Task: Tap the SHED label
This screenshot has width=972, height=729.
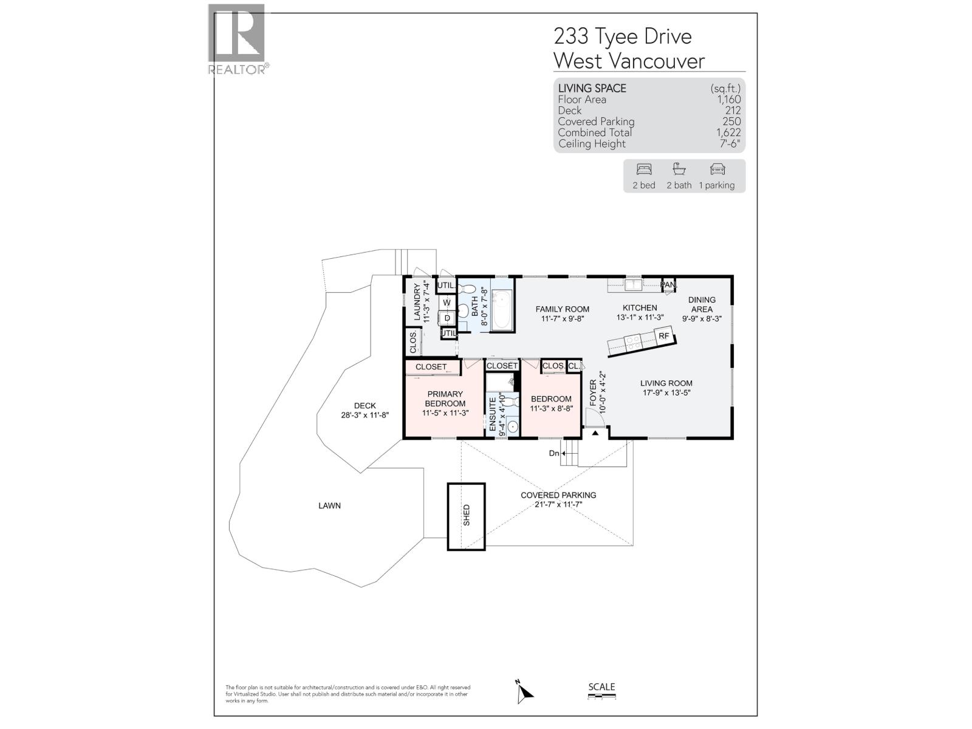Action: (467, 516)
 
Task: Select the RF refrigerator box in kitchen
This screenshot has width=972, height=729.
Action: (663, 336)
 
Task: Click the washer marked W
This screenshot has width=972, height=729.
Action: (447, 303)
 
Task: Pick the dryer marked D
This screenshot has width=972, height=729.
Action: (447, 318)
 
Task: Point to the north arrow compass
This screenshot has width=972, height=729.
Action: (524, 693)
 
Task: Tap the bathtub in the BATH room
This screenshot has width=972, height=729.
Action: (502, 310)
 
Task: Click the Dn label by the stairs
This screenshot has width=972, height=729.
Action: (554, 453)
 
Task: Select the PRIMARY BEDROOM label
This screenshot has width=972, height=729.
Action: (445, 399)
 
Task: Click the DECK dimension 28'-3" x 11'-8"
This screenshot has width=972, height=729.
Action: (364, 416)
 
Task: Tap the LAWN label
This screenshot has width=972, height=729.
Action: (329, 505)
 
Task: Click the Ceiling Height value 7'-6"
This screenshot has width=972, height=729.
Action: (730, 144)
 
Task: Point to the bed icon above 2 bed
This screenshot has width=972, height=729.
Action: (643, 169)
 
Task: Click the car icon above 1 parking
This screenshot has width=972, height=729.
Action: (717, 169)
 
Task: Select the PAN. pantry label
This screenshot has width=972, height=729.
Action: (669, 285)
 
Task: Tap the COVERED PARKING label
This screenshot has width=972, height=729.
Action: (558, 495)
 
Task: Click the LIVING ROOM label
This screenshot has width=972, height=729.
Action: (666, 383)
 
